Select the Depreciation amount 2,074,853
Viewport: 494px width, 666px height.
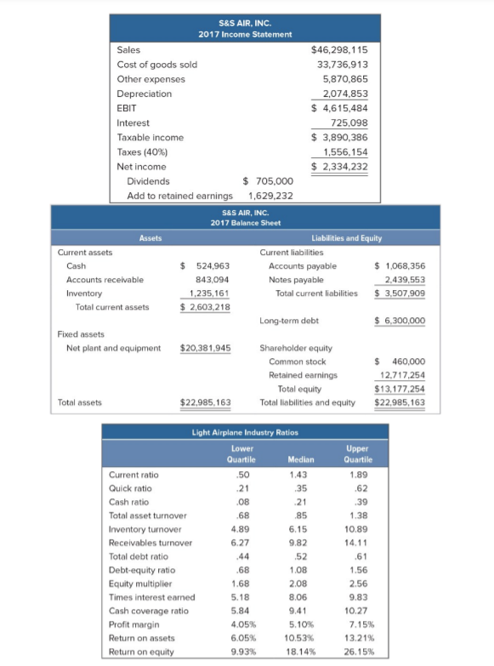click(344, 94)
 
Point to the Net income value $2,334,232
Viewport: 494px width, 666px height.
click(340, 166)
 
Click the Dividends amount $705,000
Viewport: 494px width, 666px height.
click(268, 180)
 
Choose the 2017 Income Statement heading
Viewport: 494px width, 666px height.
click(245, 34)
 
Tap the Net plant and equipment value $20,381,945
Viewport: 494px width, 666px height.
click(206, 348)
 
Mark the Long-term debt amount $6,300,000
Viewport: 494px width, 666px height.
click(400, 321)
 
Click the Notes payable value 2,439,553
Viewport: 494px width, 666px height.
click(404, 280)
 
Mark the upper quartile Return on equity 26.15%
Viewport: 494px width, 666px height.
click(360, 651)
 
